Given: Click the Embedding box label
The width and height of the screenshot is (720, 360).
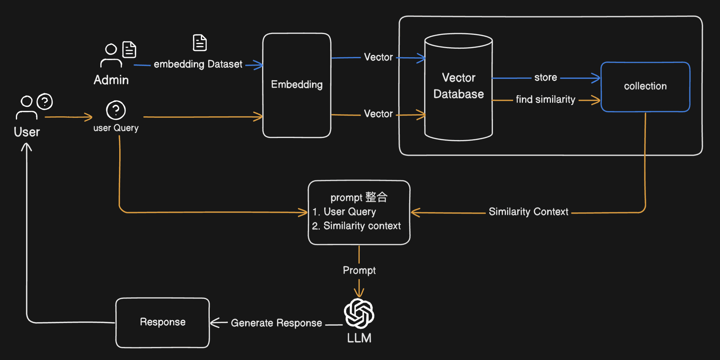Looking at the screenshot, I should (297, 85).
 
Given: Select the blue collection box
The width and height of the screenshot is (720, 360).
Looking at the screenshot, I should (645, 87).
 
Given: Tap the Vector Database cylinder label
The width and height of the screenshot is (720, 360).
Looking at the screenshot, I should (458, 86).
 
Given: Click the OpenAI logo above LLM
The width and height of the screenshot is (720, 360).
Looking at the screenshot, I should (359, 313).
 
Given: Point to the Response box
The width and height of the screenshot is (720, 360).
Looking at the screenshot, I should (162, 322).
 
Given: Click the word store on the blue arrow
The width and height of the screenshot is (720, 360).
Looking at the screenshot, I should (545, 78).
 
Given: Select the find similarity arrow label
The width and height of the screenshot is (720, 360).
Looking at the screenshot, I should (545, 100).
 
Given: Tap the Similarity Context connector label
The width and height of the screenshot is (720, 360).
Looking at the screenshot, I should (528, 212).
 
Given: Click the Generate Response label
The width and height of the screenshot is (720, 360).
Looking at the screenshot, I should (276, 323).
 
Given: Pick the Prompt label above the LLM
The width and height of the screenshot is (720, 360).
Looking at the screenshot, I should (359, 270).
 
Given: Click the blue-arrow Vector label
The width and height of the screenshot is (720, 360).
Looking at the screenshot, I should (378, 57).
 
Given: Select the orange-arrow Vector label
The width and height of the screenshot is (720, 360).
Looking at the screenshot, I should (378, 114).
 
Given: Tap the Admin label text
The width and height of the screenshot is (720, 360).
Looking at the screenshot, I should (111, 80).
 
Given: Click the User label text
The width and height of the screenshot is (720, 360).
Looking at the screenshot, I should (27, 132).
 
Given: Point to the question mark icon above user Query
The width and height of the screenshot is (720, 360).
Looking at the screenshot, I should (116, 110).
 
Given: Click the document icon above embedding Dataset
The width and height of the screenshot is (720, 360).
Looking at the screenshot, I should (200, 43).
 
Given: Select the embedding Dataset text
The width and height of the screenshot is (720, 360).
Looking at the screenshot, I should (198, 64).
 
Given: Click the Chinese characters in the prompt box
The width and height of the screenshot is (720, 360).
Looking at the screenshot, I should (376, 197).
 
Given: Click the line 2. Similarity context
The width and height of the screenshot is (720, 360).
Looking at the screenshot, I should (356, 226).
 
